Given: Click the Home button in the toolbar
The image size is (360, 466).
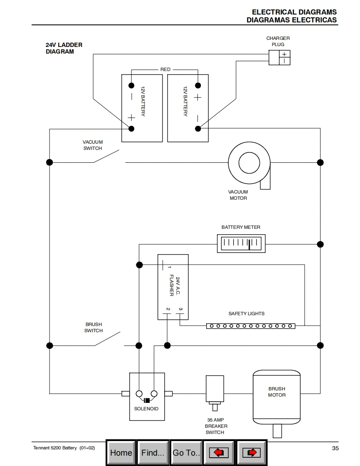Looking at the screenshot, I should (x=121, y=453).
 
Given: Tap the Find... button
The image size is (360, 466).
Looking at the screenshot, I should (x=153, y=453).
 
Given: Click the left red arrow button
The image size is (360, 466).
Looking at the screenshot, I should (x=219, y=453).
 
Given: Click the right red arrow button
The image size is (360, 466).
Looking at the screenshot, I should (x=251, y=453).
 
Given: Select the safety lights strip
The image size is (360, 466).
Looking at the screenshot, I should (x=251, y=326).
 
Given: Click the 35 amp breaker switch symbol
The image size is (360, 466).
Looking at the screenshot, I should (x=215, y=390).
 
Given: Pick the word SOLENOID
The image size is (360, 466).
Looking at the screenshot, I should (x=146, y=409).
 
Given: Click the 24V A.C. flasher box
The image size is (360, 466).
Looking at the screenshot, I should (x=173, y=287).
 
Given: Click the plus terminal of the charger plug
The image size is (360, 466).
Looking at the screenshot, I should (x=284, y=54).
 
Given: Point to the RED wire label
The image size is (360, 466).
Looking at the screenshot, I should (x=165, y=69).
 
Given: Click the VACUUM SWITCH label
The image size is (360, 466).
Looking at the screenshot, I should (x=93, y=145).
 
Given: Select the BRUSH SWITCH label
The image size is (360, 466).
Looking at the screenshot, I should (x=94, y=327).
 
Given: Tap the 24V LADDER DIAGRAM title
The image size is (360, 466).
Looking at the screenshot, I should (x=64, y=48).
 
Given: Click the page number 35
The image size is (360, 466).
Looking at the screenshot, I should (x=335, y=448).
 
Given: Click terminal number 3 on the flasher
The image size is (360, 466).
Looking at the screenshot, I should (x=180, y=309).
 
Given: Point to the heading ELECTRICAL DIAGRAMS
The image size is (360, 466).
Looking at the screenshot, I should (x=294, y=12).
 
